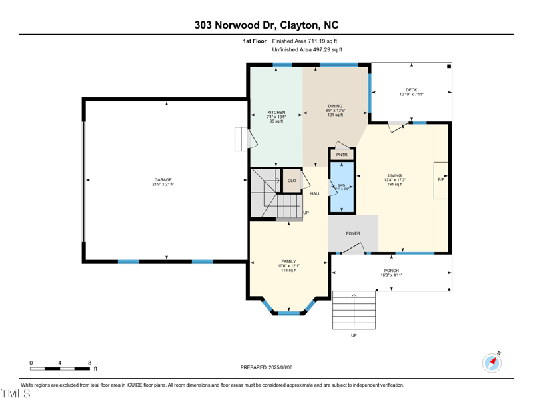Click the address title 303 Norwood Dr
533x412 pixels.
(266, 25)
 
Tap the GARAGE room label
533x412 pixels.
(163, 180)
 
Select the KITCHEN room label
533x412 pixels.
(276, 113)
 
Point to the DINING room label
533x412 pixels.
(335, 107)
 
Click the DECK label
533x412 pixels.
(411, 90)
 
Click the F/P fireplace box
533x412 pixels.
(441, 180)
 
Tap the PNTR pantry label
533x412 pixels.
(342, 155)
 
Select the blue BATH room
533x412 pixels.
(342, 188)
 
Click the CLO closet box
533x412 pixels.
(292, 181)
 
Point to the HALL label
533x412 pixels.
(315, 194)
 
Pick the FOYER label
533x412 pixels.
(353, 233)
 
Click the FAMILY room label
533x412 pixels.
(288, 262)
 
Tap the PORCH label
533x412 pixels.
(392, 271)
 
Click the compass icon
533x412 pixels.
(492, 363)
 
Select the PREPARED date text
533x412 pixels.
(266, 367)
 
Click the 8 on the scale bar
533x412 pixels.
(89, 363)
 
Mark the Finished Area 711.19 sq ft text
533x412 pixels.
(309, 41)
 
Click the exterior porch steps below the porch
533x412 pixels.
(354, 311)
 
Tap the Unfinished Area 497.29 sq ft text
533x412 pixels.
(307, 49)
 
